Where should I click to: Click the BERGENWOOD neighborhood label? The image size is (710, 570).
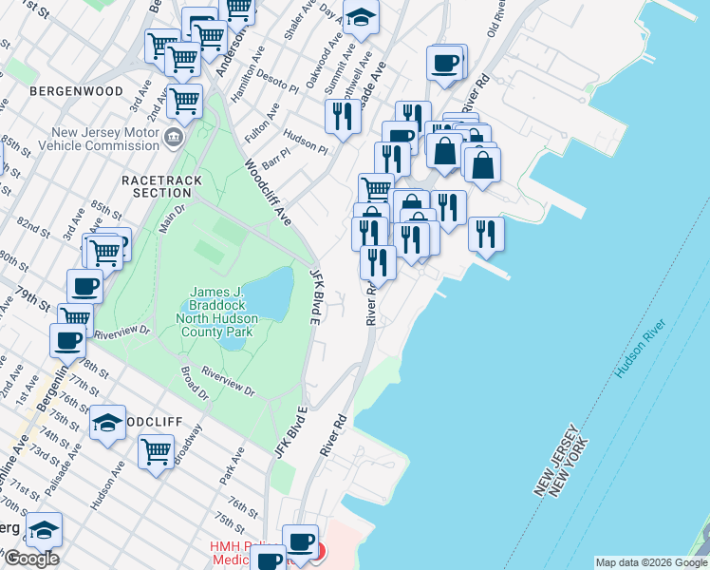76,91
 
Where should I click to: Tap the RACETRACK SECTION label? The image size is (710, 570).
157,185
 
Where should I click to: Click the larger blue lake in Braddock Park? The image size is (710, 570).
271,292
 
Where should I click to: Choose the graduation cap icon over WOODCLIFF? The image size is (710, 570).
107,424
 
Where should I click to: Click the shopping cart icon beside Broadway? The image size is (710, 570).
156,451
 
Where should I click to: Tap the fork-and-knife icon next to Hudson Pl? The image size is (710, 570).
340,116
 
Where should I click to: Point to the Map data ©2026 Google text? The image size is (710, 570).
651,563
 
